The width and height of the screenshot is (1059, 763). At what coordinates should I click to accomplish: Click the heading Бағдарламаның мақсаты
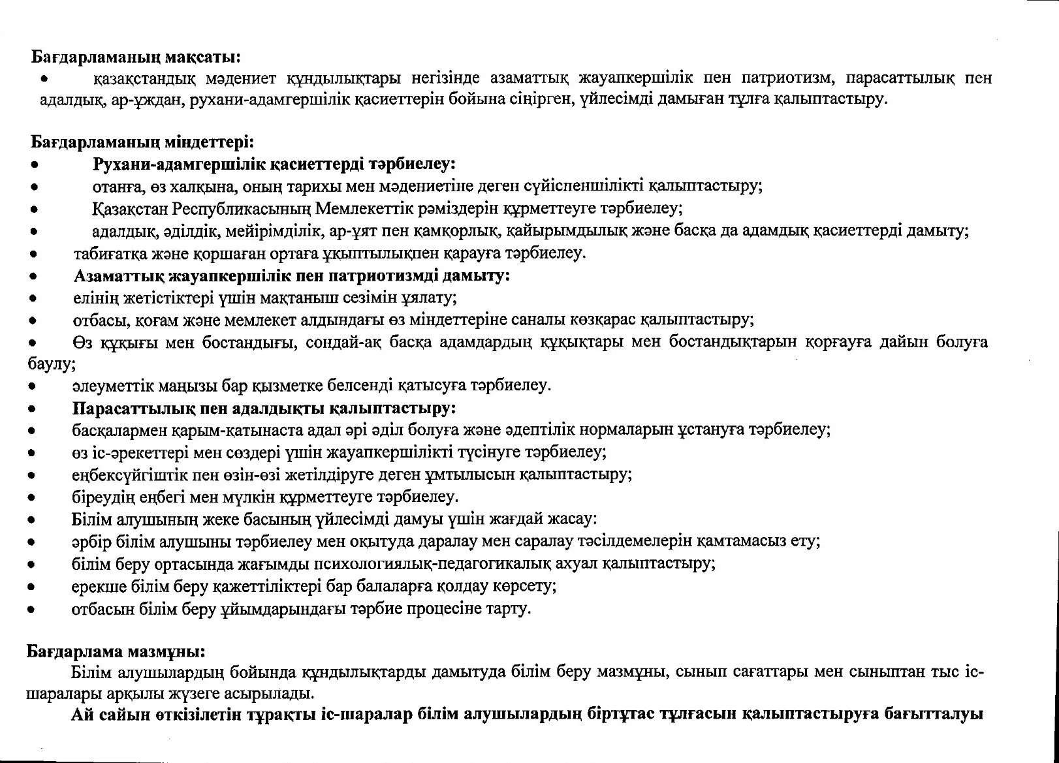point(136,57)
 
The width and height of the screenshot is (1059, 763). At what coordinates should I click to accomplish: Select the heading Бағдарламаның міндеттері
point(142,141)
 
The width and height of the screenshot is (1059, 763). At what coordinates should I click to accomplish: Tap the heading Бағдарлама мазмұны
point(116,651)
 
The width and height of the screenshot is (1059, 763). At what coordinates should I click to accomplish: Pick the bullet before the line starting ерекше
point(31,587)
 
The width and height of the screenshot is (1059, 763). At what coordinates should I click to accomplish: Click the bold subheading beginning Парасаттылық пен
point(263,409)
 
